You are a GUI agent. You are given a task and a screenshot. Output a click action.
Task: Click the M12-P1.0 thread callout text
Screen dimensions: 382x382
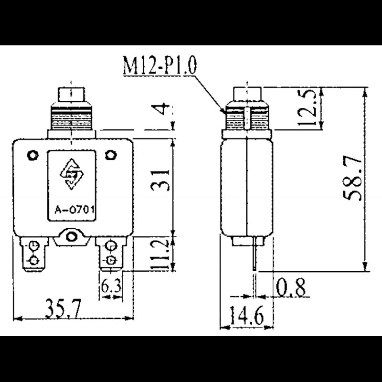159,65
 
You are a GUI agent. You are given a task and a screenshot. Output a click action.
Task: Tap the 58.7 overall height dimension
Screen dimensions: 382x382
352,179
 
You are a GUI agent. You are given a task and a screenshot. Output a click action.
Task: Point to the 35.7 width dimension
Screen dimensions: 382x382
63,309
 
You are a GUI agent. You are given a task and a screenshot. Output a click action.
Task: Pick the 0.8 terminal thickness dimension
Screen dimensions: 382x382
291,287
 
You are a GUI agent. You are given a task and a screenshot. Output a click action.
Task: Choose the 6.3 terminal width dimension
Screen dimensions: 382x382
111,286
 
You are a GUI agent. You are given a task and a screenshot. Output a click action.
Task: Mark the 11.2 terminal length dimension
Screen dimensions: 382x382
160,254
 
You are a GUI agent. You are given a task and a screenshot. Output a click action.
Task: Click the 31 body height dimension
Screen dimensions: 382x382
160,180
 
